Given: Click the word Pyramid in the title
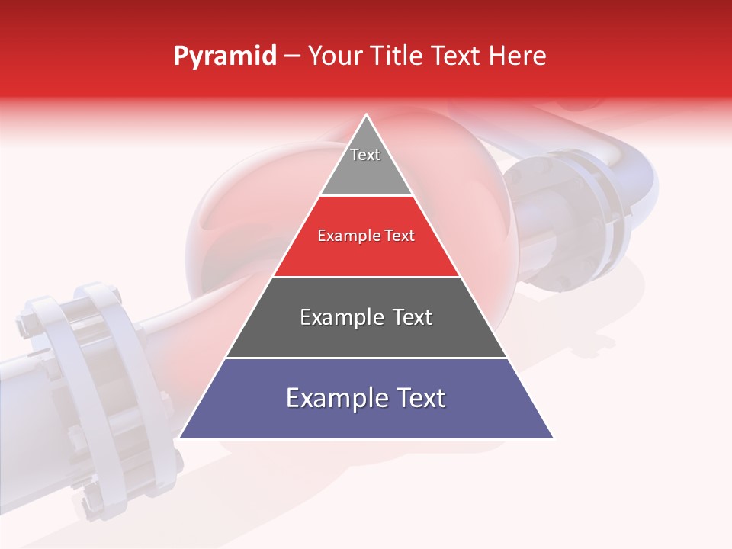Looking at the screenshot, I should click(x=224, y=57).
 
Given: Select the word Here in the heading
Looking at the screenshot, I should click(x=517, y=56).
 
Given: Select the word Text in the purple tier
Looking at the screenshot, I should click(x=419, y=398).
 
